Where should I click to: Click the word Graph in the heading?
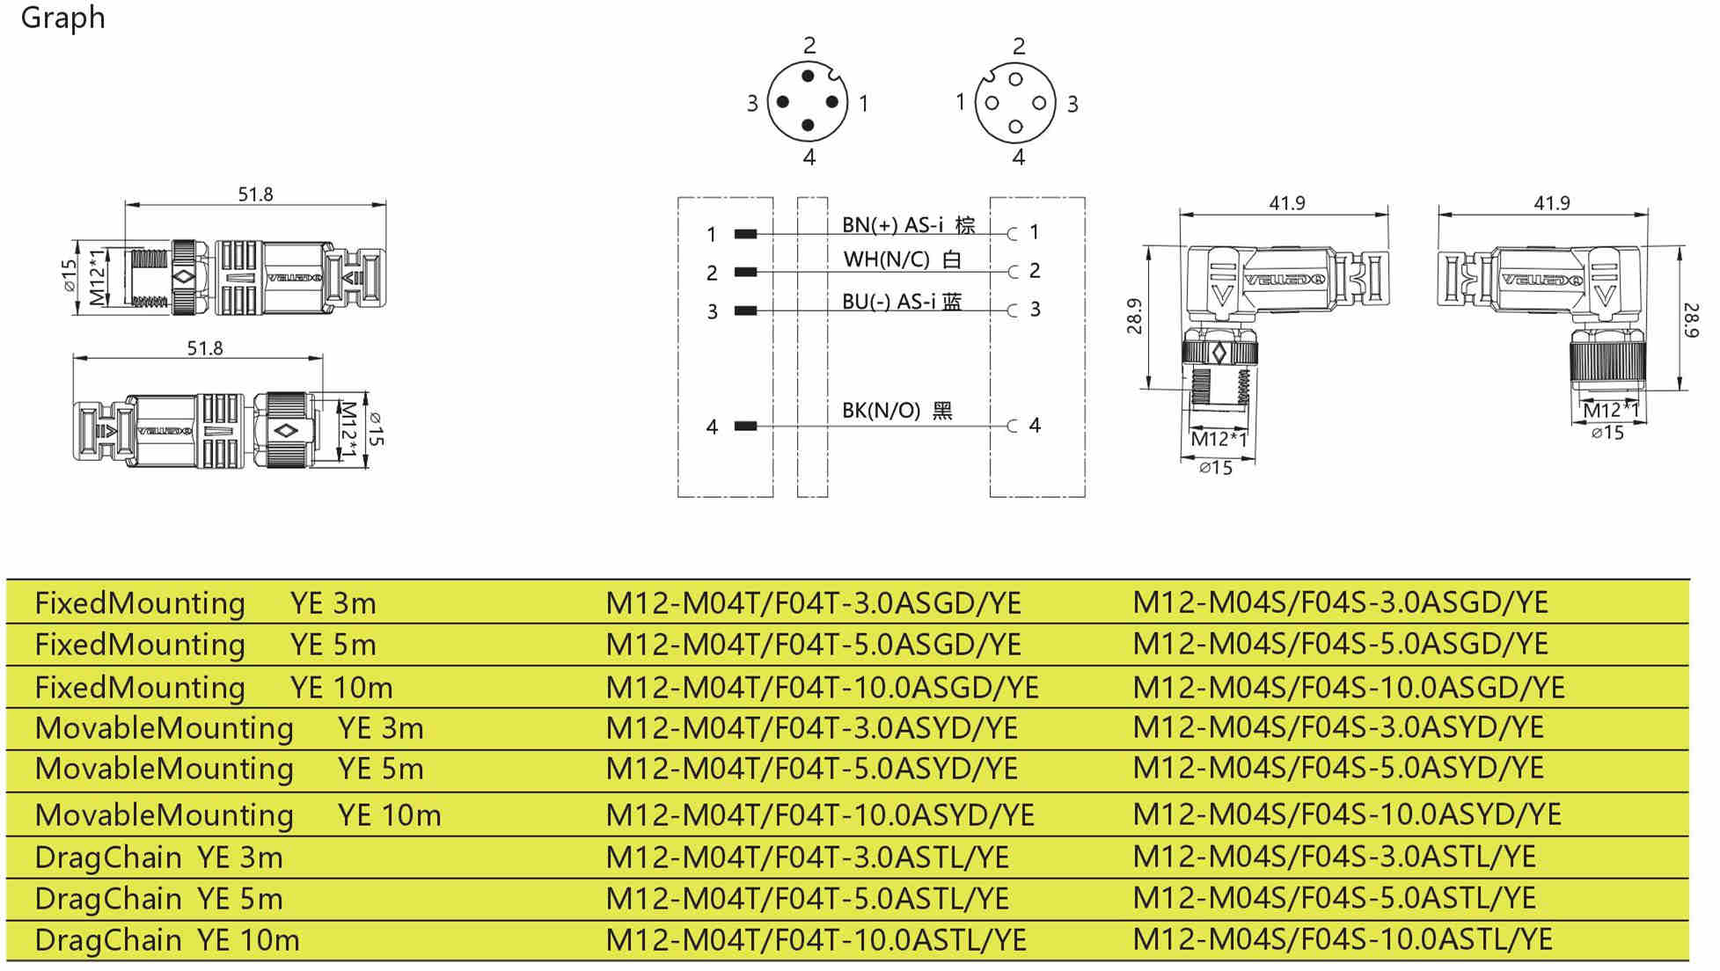click(62, 18)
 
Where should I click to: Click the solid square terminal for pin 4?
click(745, 427)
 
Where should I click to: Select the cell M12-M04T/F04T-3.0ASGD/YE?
click(813, 603)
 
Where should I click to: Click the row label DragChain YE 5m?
click(158, 899)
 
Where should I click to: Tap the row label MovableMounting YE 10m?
click(238, 815)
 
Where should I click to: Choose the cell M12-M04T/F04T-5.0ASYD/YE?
click(811, 769)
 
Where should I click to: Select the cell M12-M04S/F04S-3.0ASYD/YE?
click(1337, 727)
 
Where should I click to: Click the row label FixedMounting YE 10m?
click(213, 688)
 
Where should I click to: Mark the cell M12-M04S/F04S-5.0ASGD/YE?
click(1340, 644)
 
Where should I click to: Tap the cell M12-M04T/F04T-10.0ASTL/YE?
click(816, 940)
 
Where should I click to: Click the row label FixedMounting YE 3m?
click(205, 603)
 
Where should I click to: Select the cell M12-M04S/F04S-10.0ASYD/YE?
click(1346, 814)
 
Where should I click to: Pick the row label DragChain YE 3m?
click(158, 858)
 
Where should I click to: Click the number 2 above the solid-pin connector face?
click(809, 46)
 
